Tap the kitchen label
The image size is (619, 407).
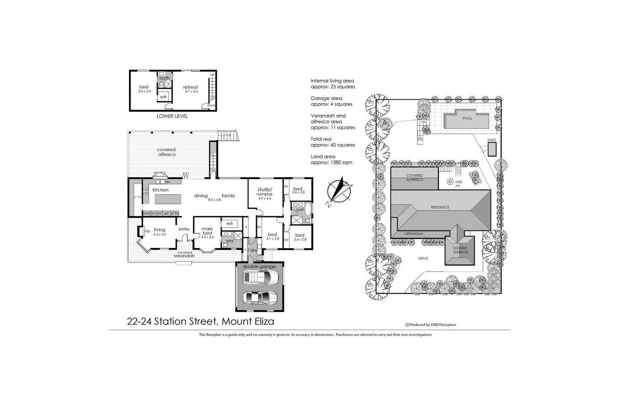[x=160, y=190]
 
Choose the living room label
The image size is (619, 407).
[x=159, y=229]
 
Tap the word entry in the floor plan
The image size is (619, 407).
[x=184, y=229]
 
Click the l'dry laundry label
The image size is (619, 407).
[x=252, y=250]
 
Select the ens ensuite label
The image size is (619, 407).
[x=230, y=241]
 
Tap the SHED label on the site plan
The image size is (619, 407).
[x=491, y=139]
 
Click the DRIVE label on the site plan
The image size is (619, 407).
[x=423, y=258]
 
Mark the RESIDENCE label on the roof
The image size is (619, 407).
[x=440, y=207]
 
